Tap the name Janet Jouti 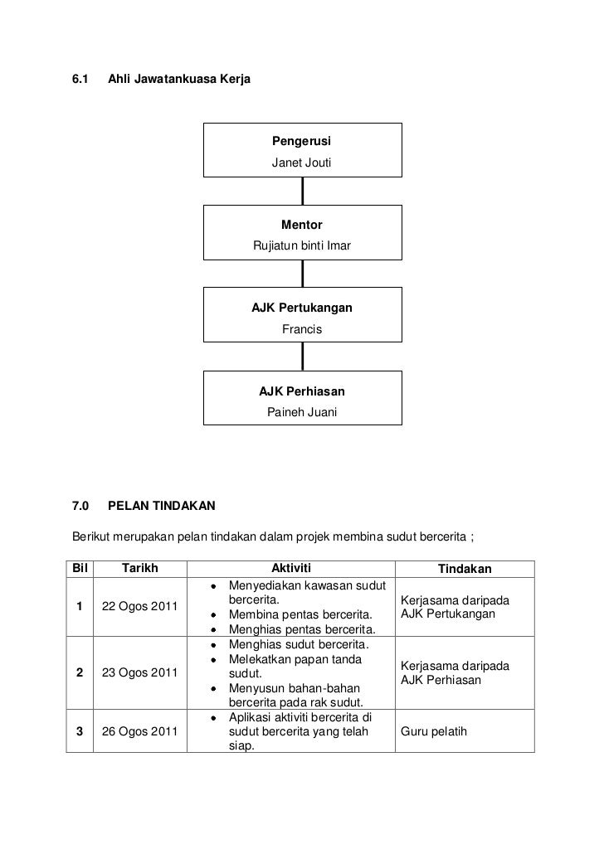(301, 163)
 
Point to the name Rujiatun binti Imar (301, 246)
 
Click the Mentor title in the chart (301, 225)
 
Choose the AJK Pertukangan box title (301, 308)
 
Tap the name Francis (301, 329)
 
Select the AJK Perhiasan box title (301, 391)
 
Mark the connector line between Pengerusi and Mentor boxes (302, 191)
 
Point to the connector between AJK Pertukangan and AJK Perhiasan (302, 356)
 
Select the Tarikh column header (140, 569)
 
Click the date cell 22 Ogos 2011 (139, 607)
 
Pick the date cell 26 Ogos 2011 (139, 732)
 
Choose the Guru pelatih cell (434, 732)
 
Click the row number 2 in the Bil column (79, 673)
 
